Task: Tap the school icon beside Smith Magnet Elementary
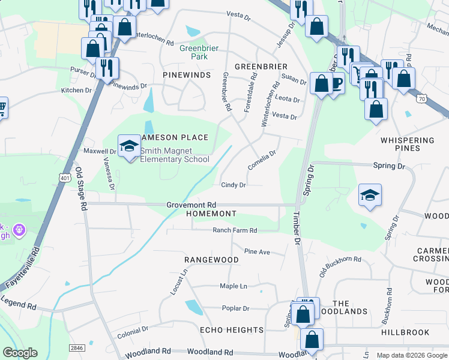128,146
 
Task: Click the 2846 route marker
76,347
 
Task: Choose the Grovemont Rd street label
191,205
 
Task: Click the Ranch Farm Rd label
235,230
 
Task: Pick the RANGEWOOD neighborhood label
211,260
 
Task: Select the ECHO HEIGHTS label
232,330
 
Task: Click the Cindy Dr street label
234,185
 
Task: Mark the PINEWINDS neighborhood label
186,74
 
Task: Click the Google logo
20,353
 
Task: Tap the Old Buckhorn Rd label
340,259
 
